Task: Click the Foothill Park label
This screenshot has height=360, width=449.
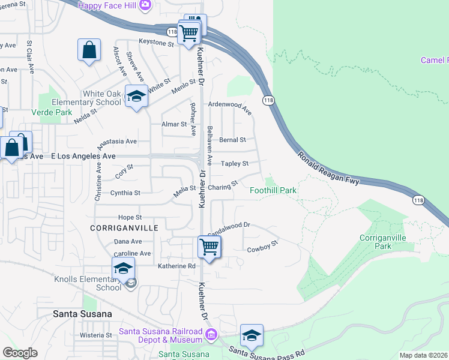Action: pos(273,190)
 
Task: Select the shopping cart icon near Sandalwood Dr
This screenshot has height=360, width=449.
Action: pos(209,246)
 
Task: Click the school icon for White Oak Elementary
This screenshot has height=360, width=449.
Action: pos(136,96)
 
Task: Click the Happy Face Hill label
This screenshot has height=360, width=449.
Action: pos(107,5)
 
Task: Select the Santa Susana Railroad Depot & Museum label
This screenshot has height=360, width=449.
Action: pos(160,335)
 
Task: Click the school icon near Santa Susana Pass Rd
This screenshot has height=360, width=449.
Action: pos(252,335)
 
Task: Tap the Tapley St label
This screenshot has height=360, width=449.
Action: pos(235,163)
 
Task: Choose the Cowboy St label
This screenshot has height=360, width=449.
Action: pos(263,247)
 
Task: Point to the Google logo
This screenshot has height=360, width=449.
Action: pos(20,353)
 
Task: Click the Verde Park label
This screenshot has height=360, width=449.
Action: pos(52,112)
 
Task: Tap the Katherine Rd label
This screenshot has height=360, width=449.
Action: pos(176,266)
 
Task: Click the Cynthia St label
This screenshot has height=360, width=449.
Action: pos(125,193)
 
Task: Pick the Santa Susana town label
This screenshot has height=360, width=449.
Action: pos(82,313)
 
